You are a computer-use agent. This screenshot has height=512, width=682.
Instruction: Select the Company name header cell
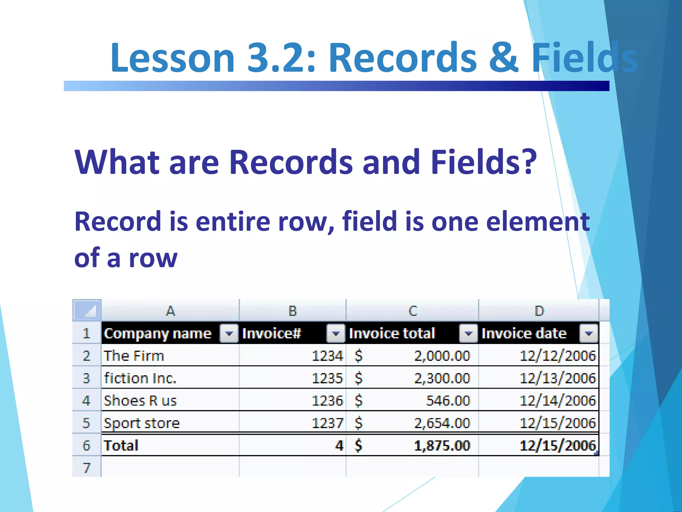(158, 333)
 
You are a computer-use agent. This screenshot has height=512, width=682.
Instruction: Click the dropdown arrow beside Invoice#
(336, 333)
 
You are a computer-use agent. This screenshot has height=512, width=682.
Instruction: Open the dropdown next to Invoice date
(588, 333)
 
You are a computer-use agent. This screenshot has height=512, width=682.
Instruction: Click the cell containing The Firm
(134, 356)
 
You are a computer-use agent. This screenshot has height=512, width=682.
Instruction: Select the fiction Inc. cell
(140, 378)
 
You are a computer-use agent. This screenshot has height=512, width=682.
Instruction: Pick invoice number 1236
(327, 400)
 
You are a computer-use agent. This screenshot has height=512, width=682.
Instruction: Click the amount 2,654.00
(442, 423)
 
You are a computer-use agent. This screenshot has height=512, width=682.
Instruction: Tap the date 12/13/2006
(557, 378)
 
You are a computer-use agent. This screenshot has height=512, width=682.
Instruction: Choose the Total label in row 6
(121, 445)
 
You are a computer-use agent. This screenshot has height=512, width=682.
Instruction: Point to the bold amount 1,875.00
(442, 445)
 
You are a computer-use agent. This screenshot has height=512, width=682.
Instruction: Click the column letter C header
(413, 311)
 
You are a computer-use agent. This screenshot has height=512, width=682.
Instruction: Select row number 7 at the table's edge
(87, 467)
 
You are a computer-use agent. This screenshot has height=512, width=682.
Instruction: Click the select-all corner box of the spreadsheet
(87, 310)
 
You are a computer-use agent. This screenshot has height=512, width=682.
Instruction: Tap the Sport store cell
(142, 423)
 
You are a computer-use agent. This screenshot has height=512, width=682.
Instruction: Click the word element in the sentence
(538, 222)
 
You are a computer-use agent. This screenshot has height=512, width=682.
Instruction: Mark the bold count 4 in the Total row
(339, 445)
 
